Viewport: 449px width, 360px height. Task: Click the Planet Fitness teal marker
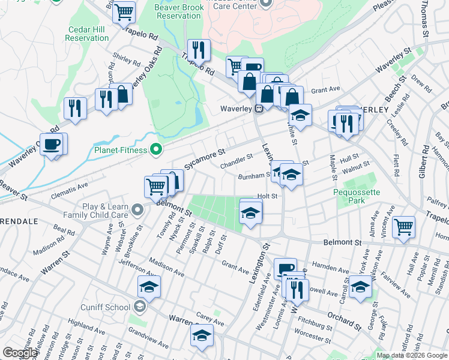pyautogui.click(x=158, y=149)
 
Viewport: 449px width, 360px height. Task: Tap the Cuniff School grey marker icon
pyautogui.click(x=139, y=307)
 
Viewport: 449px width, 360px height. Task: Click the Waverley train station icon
pyautogui.click(x=259, y=109)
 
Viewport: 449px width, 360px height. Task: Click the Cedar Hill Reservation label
pyautogui.click(x=88, y=33)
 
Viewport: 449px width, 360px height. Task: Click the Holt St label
pyautogui.click(x=267, y=196)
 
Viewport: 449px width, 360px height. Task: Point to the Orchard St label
pyautogui.click(x=344, y=319)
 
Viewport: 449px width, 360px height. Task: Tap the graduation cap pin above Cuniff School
pyautogui.click(x=149, y=286)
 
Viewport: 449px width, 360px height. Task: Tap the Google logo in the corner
pyautogui.click(x=20, y=353)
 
